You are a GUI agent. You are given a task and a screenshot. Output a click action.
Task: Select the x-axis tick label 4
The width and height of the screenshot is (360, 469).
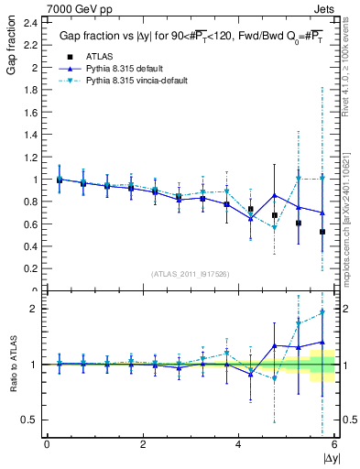(239, 444)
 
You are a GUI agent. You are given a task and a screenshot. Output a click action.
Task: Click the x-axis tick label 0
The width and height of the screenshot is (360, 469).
(47, 444)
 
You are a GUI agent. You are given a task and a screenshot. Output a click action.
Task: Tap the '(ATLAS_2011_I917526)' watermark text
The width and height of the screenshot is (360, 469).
(190, 274)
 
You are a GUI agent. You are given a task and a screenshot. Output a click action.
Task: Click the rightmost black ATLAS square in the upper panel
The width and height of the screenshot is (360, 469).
(322, 232)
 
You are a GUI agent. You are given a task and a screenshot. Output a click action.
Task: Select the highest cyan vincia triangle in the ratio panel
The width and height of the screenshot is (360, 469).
(322, 312)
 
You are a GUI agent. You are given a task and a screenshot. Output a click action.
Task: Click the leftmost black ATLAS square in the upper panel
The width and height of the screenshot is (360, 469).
(60, 180)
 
